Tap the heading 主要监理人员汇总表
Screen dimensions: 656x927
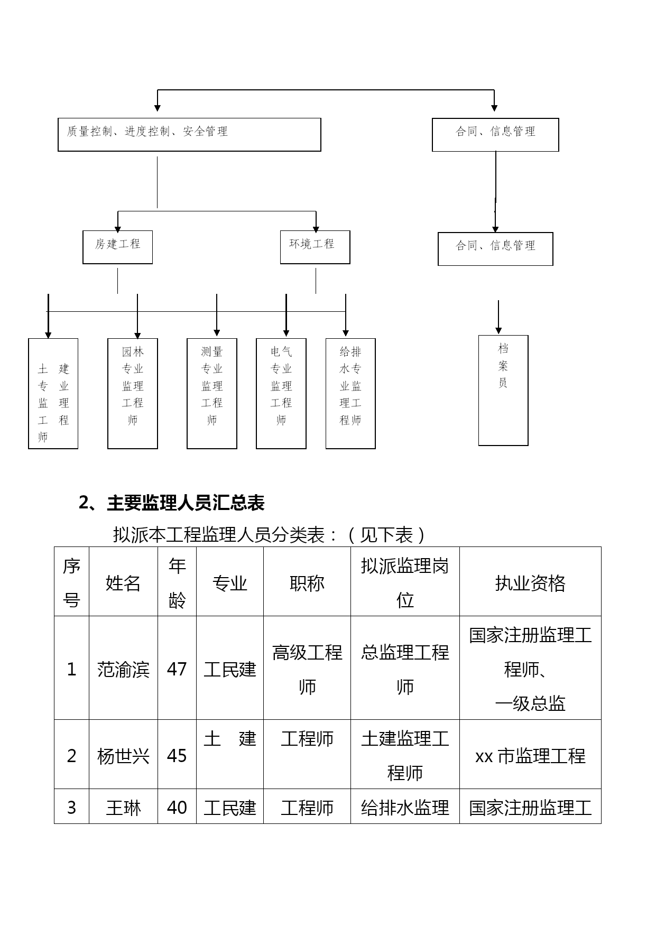[186, 503]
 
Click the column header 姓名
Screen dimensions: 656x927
[123, 583]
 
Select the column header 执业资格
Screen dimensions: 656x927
[530, 583]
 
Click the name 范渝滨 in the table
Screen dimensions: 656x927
[123, 670]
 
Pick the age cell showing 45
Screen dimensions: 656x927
[177, 756]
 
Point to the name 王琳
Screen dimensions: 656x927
[123, 808]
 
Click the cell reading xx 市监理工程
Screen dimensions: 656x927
[530, 756]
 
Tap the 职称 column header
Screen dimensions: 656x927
[307, 583]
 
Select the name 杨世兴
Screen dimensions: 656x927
[123, 756]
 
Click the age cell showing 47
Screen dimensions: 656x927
[177, 669]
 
